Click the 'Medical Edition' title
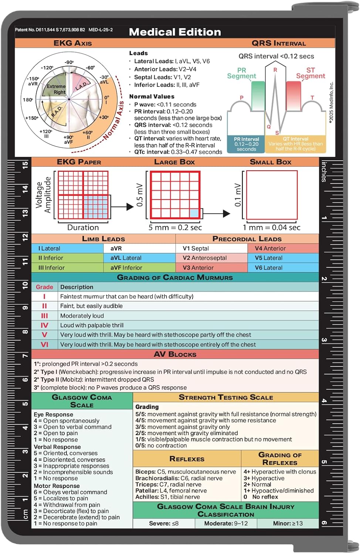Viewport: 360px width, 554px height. click(x=175, y=32)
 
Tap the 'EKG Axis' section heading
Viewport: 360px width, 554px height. click(x=72, y=43)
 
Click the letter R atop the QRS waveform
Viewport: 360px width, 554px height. click(x=275, y=70)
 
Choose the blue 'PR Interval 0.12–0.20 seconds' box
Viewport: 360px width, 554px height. click(x=246, y=144)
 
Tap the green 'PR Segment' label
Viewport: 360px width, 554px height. click(x=241, y=73)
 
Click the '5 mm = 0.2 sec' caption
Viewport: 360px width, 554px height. click(x=175, y=228)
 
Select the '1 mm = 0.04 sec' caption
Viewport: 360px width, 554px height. click(x=271, y=228)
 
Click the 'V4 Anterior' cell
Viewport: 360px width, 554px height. click(x=270, y=249)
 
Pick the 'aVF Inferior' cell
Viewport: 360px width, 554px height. click(x=126, y=268)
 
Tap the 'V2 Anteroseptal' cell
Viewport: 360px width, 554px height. click(x=204, y=258)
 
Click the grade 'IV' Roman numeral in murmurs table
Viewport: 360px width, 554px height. click(x=44, y=325)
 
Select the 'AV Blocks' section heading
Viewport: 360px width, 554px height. click(x=175, y=354)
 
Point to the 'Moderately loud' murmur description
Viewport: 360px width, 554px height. click(x=82, y=316)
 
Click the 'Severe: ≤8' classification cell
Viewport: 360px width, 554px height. click(x=163, y=523)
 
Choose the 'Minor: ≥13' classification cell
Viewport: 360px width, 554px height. click(x=288, y=523)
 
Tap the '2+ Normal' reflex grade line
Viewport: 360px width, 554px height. click(x=257, y=484)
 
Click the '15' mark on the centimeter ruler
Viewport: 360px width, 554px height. click(x=25, y=165)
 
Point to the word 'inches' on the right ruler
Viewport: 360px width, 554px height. click(x=324, y=171)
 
